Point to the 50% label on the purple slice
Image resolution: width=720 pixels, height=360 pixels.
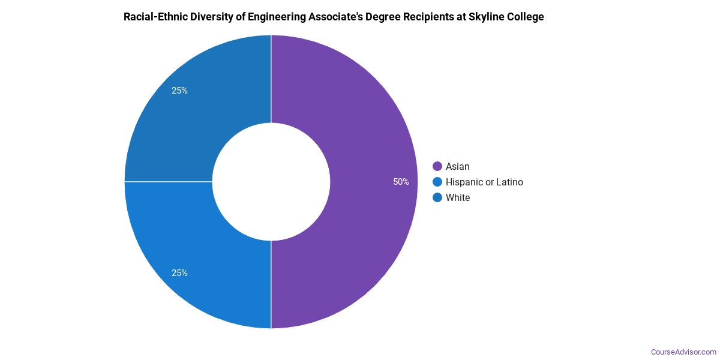click(401, 182)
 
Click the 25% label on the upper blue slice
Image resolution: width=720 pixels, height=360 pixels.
click(179, 91)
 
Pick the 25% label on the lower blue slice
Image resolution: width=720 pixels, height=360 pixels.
click(179, 273)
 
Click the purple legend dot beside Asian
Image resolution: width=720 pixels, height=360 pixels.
click(437, 166)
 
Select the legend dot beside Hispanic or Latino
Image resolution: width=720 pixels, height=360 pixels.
click(437, 182)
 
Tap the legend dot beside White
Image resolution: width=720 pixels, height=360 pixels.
click(437, 197)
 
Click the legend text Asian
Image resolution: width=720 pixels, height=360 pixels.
click(458, 166)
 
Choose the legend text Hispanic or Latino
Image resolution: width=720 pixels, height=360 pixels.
click(484, 182)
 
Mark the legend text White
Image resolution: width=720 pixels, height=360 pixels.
click(458, 197)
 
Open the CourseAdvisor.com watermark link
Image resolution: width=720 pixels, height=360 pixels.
click(683, 352)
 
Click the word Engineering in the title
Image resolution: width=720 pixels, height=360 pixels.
click(274, 17)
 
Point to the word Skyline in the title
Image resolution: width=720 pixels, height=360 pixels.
click(485, 17)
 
